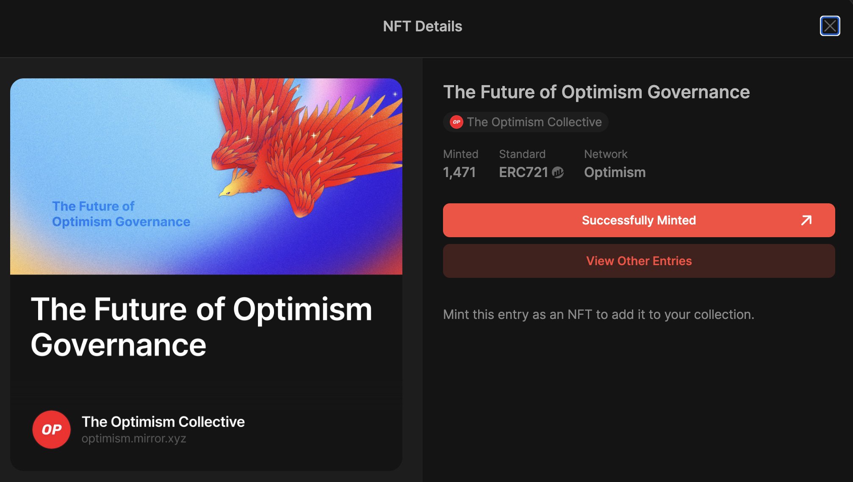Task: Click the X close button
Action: coord(830,26)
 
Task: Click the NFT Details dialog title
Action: coord(422,26)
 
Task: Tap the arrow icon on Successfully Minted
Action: coord(806,220)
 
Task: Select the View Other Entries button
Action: coord(639,261)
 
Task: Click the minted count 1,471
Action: coord(459,172)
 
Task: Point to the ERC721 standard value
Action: coord(523,172)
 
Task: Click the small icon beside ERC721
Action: coord(558,172)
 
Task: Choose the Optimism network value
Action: coord(615,172)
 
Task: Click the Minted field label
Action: coord(460,154)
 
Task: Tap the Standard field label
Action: coord(522,154)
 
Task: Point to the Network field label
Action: coord(606,154)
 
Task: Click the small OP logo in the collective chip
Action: coord(456,122)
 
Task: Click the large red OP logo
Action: coord(51,429)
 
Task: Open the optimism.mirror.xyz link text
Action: coord(134,439)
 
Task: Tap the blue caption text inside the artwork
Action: coord(121,214)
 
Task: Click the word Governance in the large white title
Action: coord(119,345)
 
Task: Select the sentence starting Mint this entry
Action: coord(598,315)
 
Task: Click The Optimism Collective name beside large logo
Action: coord(163,422)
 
